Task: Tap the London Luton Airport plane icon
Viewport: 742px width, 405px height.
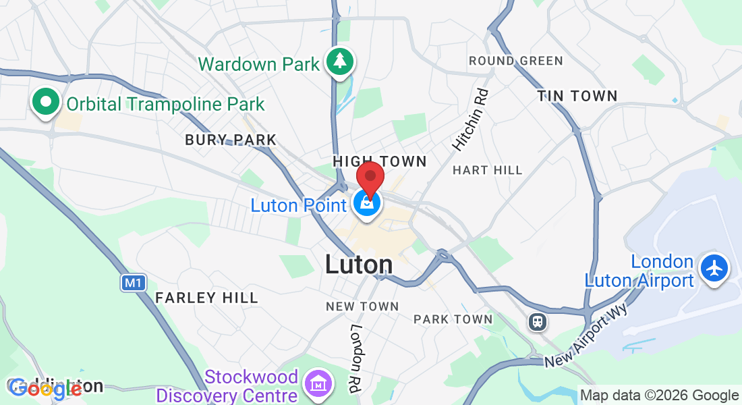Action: coord(714,268)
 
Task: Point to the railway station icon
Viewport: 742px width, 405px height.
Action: coord(538,321)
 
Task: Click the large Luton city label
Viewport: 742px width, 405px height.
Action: coord(358,265)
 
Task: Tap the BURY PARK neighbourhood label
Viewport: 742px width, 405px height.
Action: coord(231,140)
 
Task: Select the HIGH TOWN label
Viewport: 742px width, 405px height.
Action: coord(380,161)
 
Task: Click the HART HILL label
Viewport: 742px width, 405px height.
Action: coord(488,170)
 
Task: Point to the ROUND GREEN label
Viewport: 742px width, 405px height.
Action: coord(516,61)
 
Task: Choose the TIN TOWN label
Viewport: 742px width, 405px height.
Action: coord(577,97)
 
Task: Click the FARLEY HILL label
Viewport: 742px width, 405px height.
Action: coord(206,298)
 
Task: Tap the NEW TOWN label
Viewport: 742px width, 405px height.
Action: coord(362,306)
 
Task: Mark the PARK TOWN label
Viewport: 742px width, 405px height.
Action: coord(453,319)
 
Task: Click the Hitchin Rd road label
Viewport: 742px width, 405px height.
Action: coord(470,120)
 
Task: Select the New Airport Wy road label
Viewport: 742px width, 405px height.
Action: coord(586,335)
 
